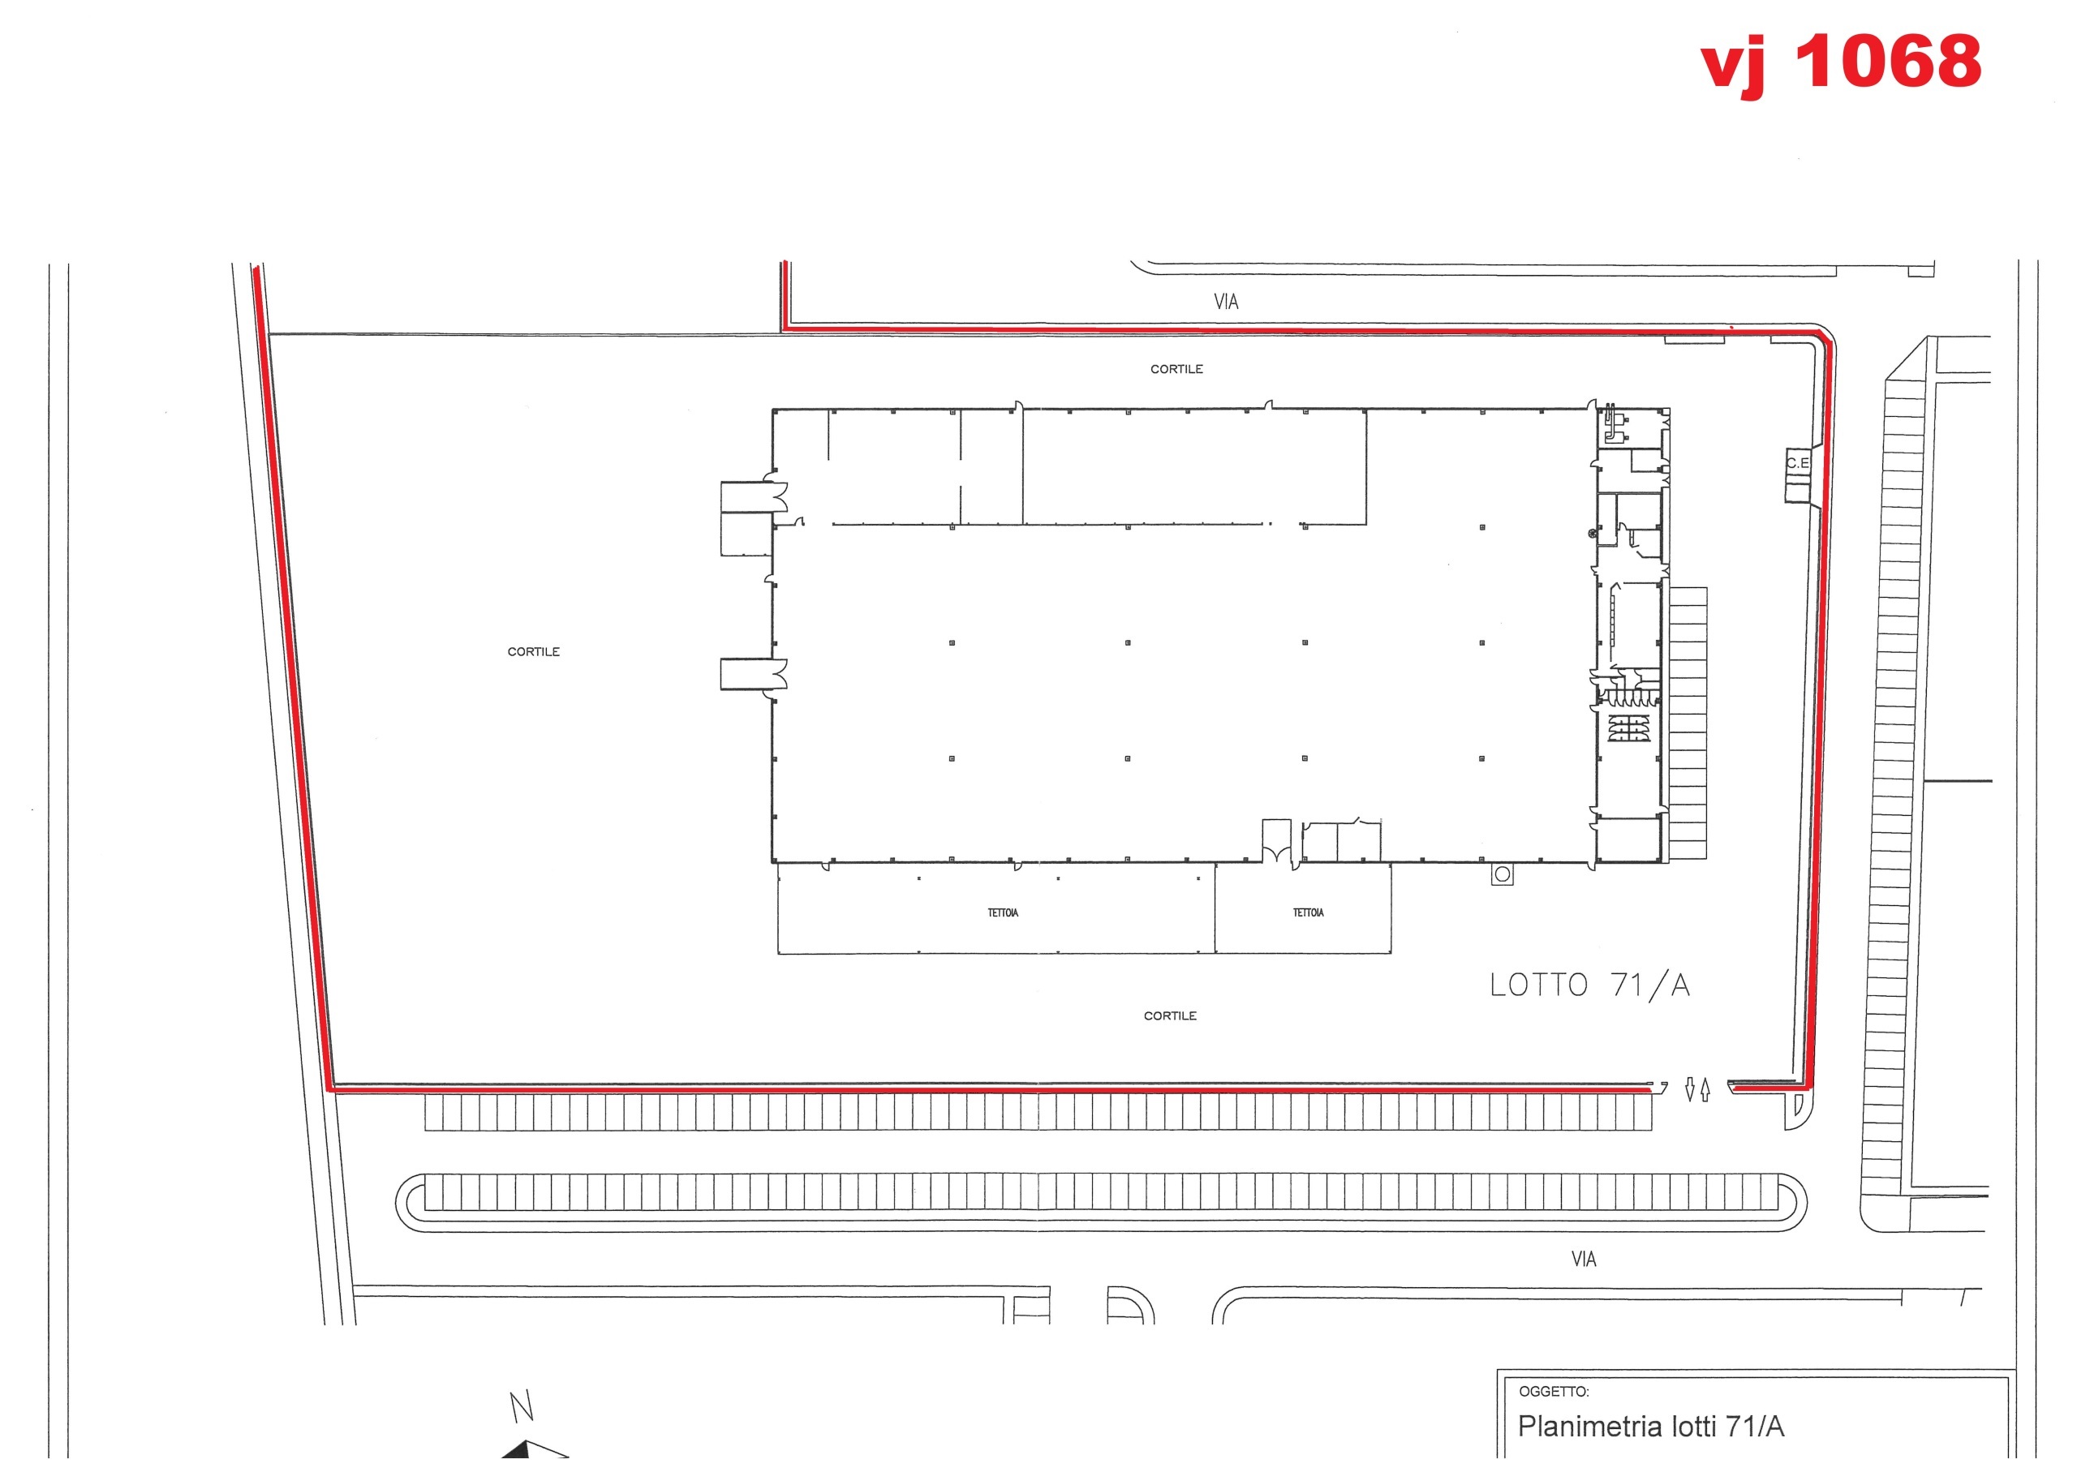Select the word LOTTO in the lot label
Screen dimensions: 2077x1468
[x=1539, y=985]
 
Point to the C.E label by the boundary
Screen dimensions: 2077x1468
[x=1797, y=463]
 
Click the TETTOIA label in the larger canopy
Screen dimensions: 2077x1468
[x=1002, y=912]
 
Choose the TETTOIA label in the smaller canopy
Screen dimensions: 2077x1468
[x=1308, y=912]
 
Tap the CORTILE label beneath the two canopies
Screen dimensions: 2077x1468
[x=1170, y=1015]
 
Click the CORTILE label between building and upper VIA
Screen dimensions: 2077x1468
[x=1176, y=369]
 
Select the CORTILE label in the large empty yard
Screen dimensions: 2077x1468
[x=533, y=651]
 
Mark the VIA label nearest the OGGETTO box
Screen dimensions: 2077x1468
[x=1583, y=1259]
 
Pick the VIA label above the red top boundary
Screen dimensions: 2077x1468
[x=1226, y=302]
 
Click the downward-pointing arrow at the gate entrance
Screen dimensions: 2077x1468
[x=1689, y=1089]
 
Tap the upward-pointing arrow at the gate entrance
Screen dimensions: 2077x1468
[x=1705, y=1089]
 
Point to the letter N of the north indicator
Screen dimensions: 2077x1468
[x=521, y=1406]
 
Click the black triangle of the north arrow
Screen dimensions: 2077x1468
[x=518, y=1452]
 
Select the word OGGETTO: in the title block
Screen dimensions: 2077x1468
[x=1553, y=1391]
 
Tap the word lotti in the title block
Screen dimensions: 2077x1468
[x=1693, y=1427]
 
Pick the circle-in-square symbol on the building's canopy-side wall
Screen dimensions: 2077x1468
[x=1502, y=874]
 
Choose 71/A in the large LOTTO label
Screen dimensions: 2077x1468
[x=1650, y=985]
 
